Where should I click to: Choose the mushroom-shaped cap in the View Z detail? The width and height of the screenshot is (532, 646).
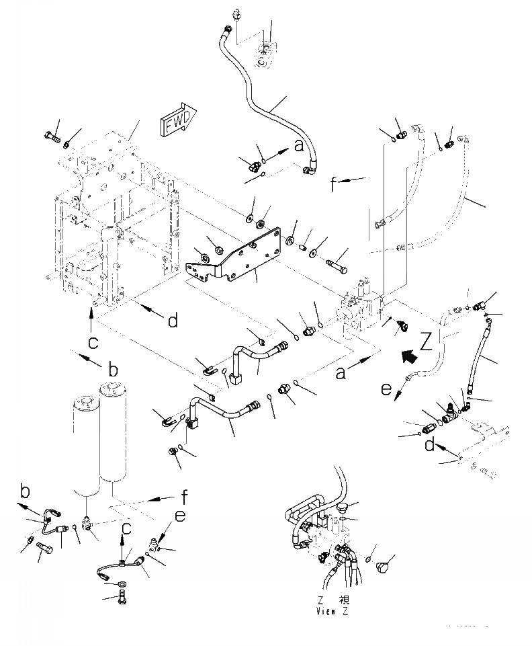[x=346, y=508]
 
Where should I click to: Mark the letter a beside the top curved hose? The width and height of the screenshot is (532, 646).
[x=299, y=145]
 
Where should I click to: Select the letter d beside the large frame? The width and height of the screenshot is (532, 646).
[x=173, y=321]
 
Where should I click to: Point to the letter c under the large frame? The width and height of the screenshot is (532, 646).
[x=93, y=343]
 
